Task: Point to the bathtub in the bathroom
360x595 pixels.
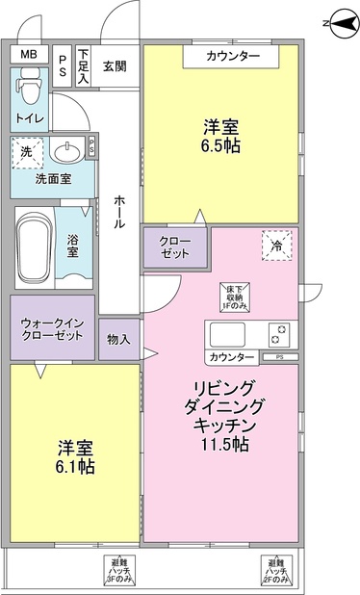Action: pyautogui.click(x=37, y=246)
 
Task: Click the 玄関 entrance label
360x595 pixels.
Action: pyautogui.click(x=114, y=65)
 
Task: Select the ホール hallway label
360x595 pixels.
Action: pyautogui.click(x=119, y=211)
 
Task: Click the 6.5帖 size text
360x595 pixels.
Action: pyautogui.click(x=220, y=146)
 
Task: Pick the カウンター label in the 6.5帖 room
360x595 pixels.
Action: pyautogui.click(x=233, y=57)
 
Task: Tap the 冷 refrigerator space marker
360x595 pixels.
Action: pyautogui.click(x=275, y=246)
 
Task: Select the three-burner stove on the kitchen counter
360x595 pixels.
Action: pyautogui.click(x=277, y=335)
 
